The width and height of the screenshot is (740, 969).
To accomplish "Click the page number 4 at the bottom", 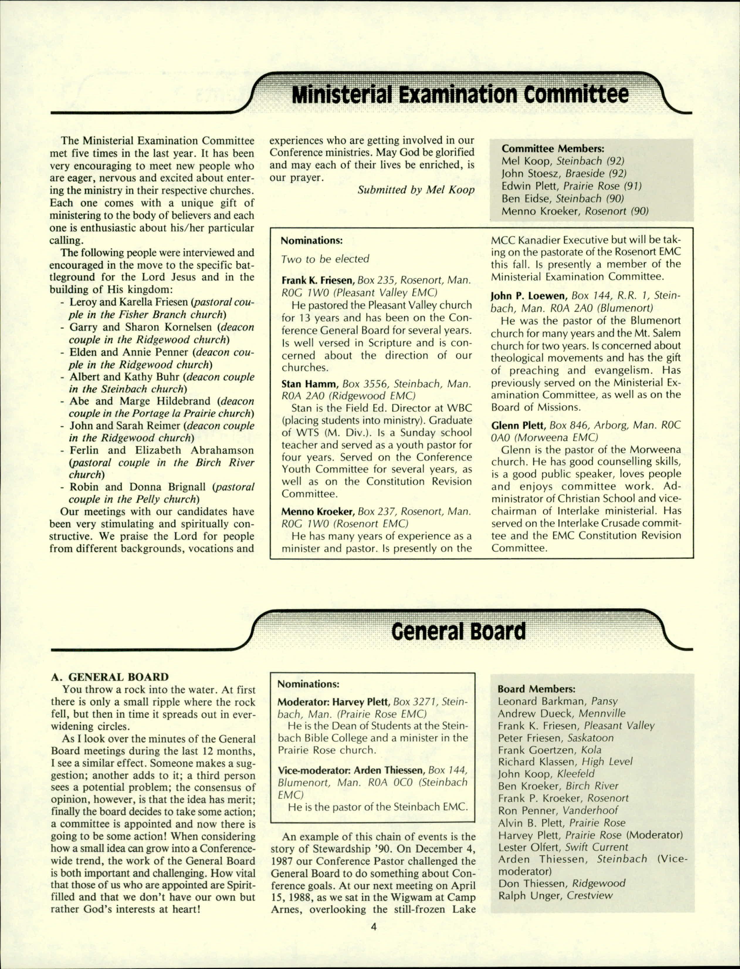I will [x=374, y=926].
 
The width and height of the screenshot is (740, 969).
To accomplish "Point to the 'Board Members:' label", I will [x=536, y=689].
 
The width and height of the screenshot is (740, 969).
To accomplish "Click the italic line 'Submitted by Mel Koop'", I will [x=416, y=190].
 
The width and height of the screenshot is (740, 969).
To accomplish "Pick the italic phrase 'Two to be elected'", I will [x=325, y=259].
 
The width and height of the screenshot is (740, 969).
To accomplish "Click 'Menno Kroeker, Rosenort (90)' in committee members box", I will [x=575, y=211].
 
